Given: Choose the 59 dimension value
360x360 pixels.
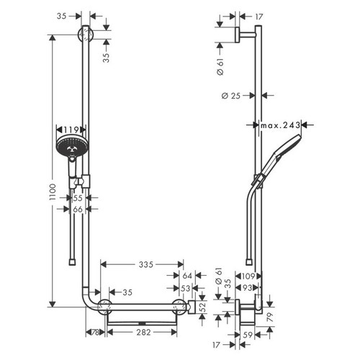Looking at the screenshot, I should pos(247,334).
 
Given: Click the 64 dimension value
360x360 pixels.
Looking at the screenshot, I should pos(186,276).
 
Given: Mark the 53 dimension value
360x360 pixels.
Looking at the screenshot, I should pos(186,289).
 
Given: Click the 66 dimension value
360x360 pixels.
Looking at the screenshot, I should pos(77,209).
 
